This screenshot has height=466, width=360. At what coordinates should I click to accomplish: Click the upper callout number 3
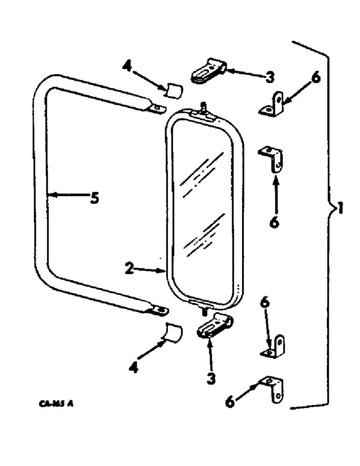[270, 77]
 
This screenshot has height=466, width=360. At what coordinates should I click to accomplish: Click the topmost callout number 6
[316, 79]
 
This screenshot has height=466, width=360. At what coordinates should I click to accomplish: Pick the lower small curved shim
[174, 332]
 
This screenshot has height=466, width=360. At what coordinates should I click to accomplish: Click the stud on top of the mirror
[203, 106]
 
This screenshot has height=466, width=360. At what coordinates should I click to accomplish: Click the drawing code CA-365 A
[55, 404]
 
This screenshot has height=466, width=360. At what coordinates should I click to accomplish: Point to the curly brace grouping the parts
[326, 224]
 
